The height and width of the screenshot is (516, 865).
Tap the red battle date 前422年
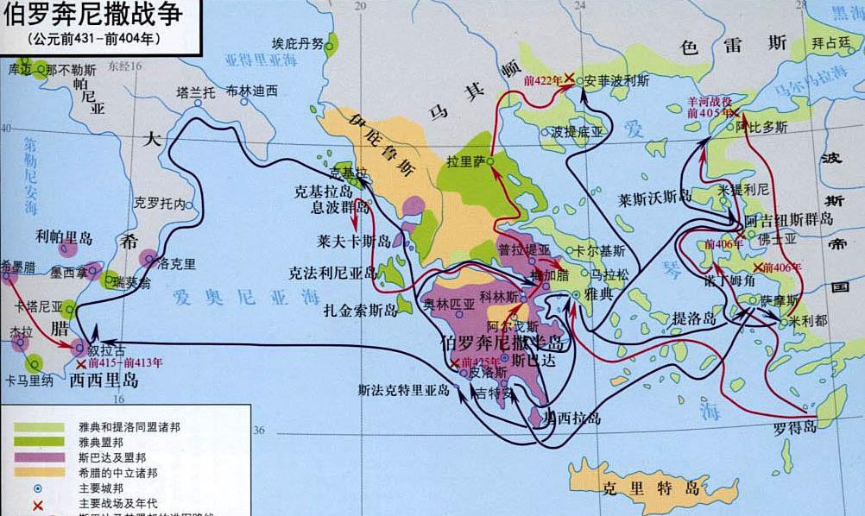tap(542, 80)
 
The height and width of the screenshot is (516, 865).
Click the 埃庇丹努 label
tap(298, 43)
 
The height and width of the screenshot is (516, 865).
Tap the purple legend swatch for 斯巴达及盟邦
tap(38, 456)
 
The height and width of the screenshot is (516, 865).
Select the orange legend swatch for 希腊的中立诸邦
tap(38, 471)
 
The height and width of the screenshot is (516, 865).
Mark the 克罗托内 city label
tap(161, 205)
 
